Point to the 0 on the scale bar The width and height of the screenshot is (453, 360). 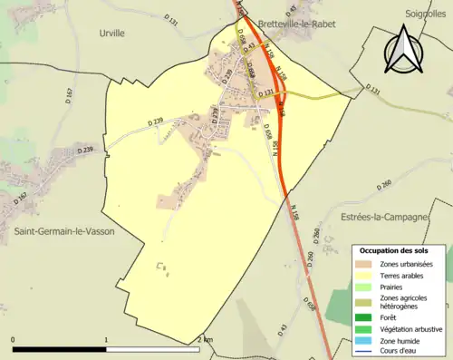13,340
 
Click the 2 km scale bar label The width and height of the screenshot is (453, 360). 204,340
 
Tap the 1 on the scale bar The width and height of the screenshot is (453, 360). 107,340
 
